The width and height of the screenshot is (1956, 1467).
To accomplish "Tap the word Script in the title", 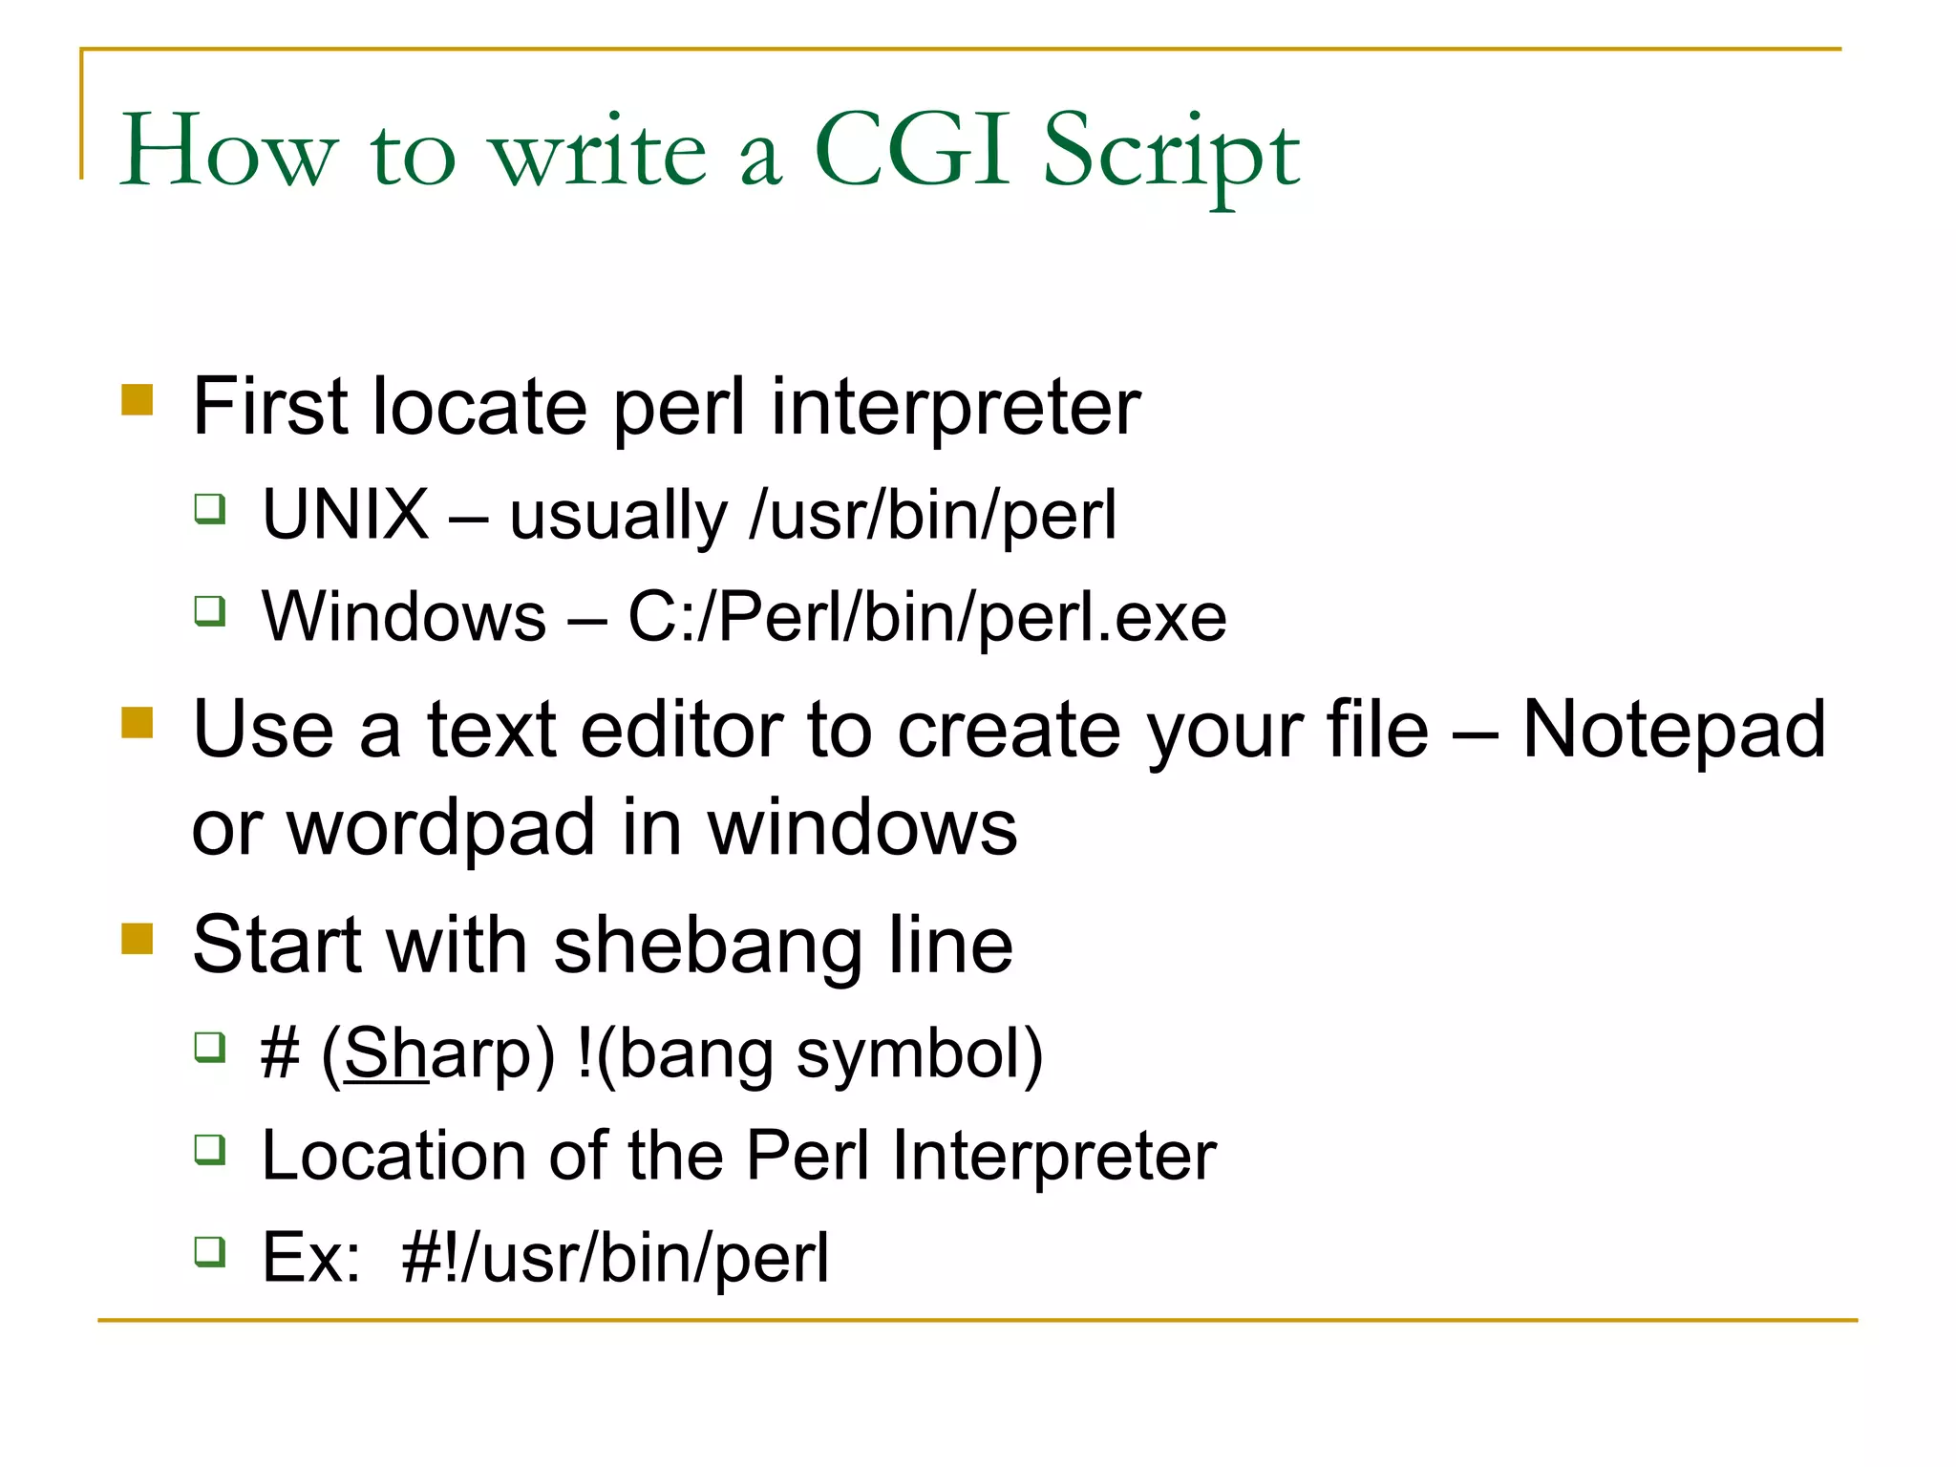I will (1171, 153).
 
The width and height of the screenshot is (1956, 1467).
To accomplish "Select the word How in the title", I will (228, 150).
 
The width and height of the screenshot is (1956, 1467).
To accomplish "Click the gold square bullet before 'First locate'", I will (138, 400).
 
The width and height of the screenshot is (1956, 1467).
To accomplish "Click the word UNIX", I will (345, 515).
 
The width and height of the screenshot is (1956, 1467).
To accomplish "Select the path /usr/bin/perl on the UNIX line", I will (933, 517).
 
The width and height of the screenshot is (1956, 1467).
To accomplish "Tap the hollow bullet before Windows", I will (210, 609).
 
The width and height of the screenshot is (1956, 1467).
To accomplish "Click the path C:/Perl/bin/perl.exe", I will (926, 618).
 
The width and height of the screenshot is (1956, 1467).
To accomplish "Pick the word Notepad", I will (1673, 731).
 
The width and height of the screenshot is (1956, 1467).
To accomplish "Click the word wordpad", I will (442, 829).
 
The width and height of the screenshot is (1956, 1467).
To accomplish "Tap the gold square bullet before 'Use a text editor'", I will (138, 723).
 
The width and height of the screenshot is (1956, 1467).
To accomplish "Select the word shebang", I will (708, 947).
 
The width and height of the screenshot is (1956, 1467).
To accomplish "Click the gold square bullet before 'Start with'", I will (138, 938).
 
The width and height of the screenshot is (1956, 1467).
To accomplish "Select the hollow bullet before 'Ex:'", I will (210, 1250).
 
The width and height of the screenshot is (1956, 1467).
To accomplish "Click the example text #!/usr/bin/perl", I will (615, 1259).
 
